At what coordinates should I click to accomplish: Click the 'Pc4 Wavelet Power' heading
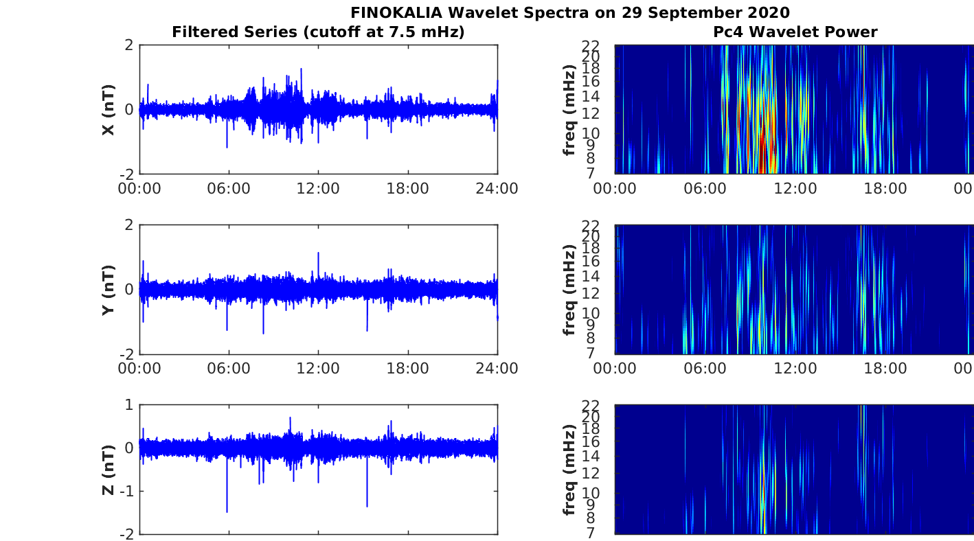[x=795, y=32]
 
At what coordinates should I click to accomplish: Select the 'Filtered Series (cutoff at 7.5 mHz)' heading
[x=318, y=32]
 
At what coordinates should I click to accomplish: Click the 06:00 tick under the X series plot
[x=229, y=188]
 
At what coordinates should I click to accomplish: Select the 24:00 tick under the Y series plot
[x=497, y=368]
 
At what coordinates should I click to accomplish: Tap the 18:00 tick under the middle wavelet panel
[x=885, y=368]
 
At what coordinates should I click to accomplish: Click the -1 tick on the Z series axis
[x=126, y=491]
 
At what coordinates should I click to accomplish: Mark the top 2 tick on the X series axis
[x=128, y=45]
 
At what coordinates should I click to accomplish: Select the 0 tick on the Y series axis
[x=128, y=290]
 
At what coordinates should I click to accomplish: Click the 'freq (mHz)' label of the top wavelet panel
[x=569, y=110]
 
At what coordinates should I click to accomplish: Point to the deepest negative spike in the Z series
[x=227, y=511]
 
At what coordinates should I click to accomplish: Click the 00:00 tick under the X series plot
[x=139, y=188]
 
